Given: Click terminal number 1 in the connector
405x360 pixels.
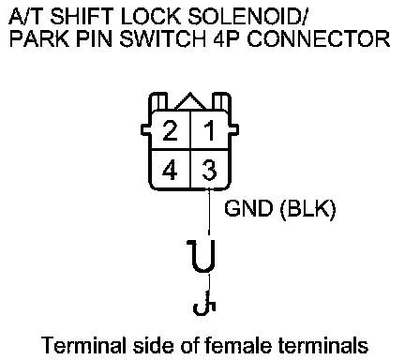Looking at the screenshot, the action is [210, 130].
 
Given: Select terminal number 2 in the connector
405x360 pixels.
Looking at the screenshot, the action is [171, 130].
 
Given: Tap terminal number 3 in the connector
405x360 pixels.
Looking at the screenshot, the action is [209, 170].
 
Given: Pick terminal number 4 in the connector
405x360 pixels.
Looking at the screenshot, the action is [170, 171].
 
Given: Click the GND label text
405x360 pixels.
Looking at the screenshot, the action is [248, 208].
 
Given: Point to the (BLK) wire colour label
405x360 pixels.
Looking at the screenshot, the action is [307, 208].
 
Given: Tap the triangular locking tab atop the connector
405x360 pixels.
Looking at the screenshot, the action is [190, 101].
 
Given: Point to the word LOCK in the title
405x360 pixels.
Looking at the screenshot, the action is [151, 16].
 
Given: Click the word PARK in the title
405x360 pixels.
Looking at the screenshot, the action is [39, 38].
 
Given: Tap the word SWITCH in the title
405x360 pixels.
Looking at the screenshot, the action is [162, 38].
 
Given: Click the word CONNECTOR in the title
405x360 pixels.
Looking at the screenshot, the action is [319, 38].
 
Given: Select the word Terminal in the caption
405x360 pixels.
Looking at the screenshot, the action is [84, 345].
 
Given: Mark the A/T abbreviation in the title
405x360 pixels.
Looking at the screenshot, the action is [27, 16].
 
